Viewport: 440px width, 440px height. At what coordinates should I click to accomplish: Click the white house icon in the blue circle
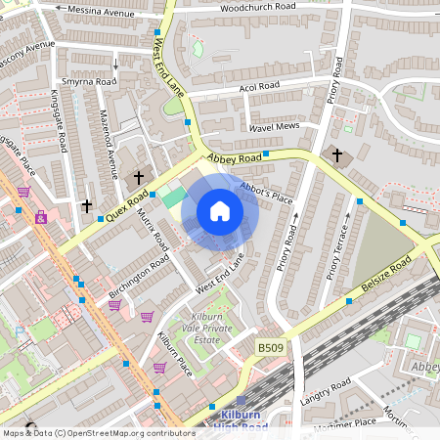click(x=220, y=211)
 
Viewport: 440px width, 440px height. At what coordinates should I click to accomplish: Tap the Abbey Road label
click(x=234, y=157)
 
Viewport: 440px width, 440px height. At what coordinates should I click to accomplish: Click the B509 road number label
click(x=273, y=347)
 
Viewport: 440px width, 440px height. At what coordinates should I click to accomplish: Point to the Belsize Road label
click(x=384, y=279)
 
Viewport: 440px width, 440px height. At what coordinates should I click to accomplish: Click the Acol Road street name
click(x=259, y=86)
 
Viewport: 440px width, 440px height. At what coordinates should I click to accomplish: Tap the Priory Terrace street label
click(x=338, y=248)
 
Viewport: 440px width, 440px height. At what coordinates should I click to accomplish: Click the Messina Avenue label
click(x=96, y=12)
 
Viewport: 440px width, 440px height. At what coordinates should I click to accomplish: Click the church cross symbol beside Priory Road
click(x=337, y=155)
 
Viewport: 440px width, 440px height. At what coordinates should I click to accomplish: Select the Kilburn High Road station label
click(x=239, y=421)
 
